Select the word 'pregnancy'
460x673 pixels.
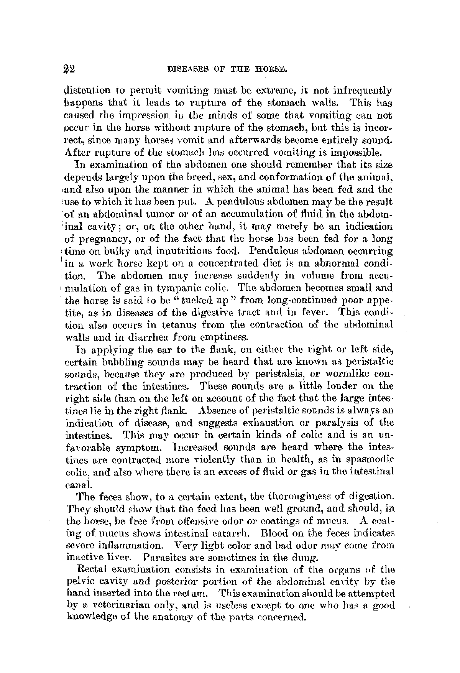pos(103,239)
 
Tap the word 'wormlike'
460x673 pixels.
pos(340,374)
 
